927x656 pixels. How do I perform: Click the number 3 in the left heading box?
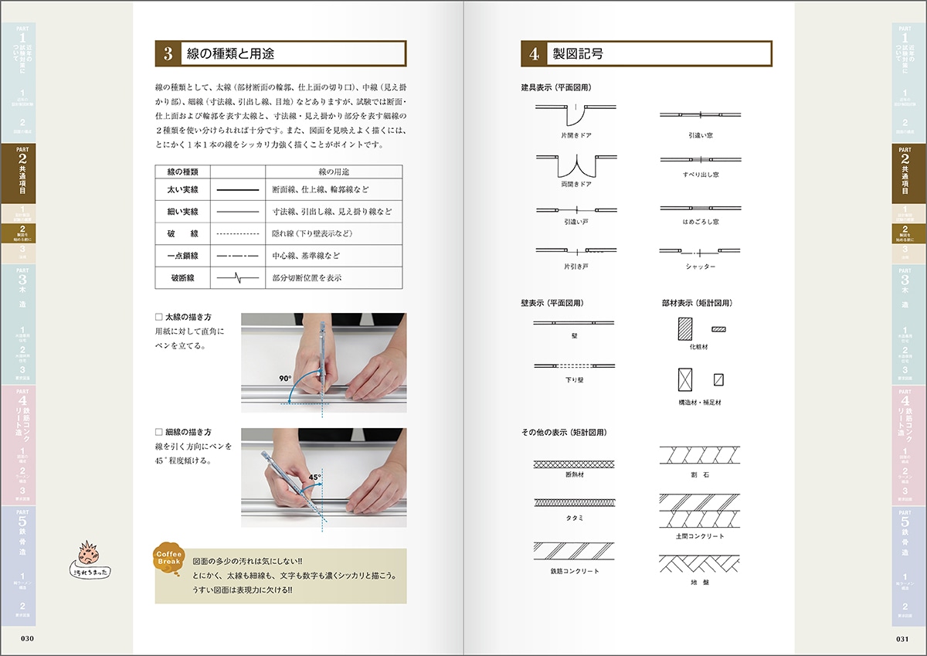[168, 54]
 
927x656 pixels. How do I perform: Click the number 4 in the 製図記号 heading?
[534, 54]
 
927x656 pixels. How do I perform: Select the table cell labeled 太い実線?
[183, 189]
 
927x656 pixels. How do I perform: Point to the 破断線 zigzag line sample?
[237, 277]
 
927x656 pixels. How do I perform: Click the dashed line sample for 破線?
[237, 233]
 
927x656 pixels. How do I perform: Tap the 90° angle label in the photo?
[285, 379]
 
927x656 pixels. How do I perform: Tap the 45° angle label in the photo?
[314, 478]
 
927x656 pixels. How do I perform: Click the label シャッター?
[700, 267]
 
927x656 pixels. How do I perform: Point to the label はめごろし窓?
[700, 222]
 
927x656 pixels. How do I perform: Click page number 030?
[28, 638]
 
